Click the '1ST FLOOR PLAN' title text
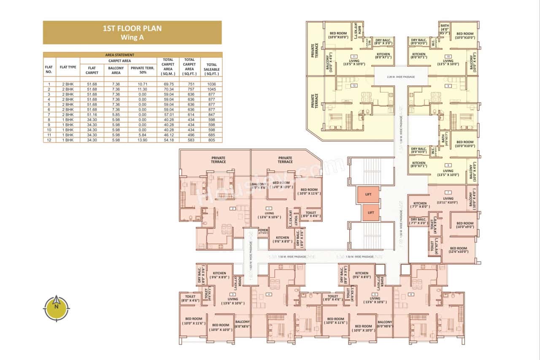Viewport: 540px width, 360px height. pos(132,29)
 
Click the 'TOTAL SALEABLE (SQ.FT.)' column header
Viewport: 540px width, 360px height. pos(211,67)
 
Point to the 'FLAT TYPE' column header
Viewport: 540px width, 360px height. pos(68,67)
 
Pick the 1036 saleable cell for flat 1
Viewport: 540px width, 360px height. pos(211,84)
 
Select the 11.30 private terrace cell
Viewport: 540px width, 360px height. pos(142,89)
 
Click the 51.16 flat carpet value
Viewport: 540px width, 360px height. pos(92,114)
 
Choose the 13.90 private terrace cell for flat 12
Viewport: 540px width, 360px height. pos(142,140)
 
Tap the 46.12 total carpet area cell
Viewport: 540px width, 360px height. pos(168,135)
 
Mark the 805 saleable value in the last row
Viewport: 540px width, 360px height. pos(211,140)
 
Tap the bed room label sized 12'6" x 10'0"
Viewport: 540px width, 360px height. pos(458,250)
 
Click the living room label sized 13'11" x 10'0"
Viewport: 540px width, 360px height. pos(448,200)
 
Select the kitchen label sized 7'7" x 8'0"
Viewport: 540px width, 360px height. pos(420,205)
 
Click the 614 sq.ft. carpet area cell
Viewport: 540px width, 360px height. pos(189,114)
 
